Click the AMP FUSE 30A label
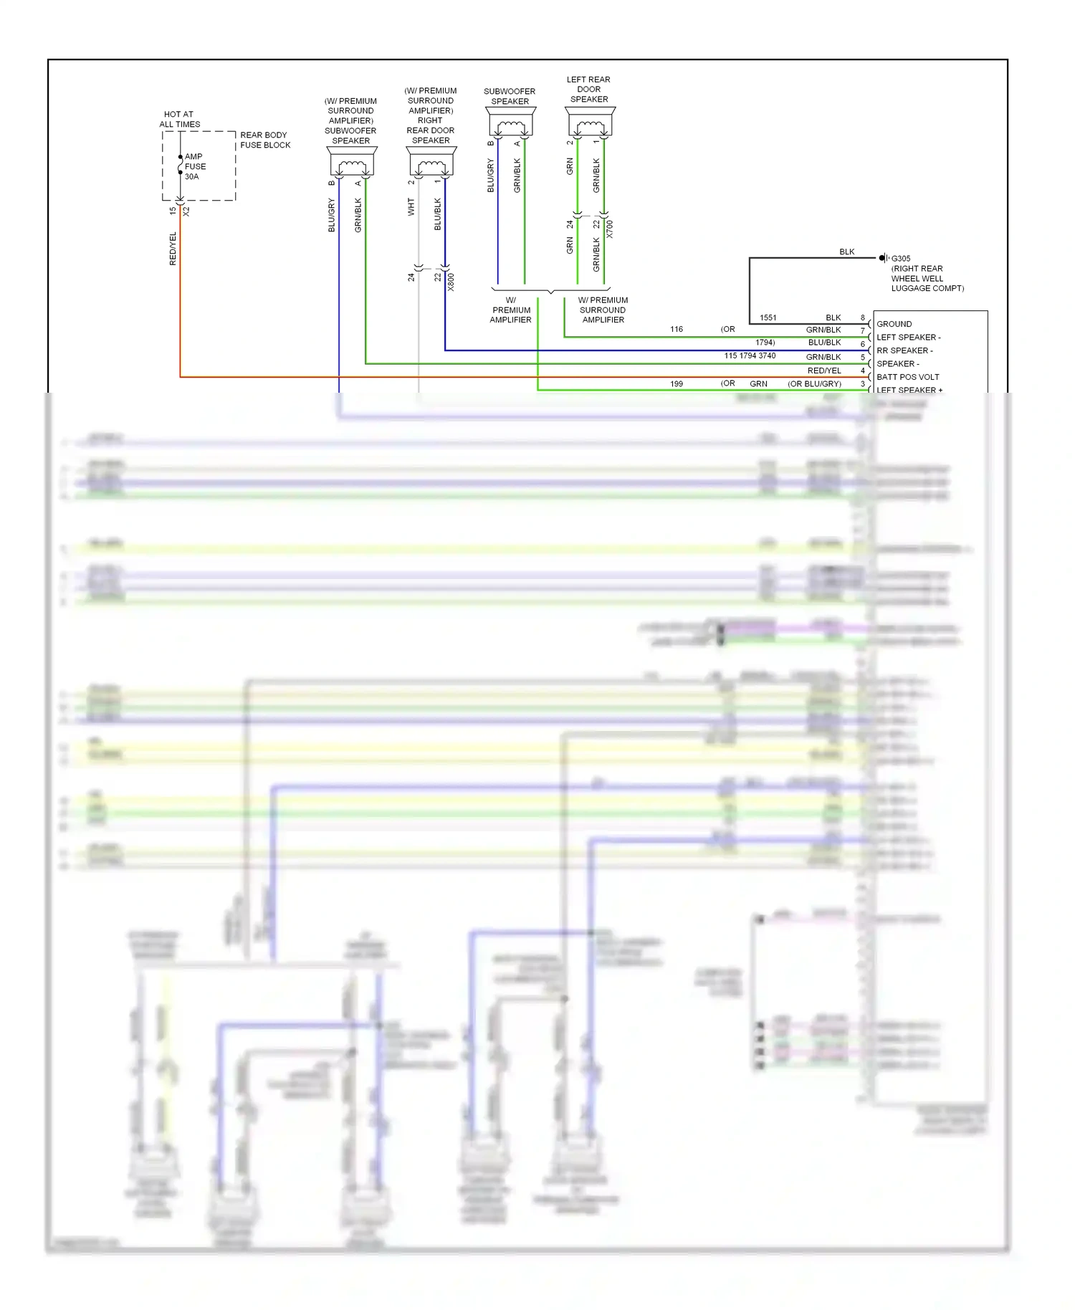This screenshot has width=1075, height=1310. [194, 166]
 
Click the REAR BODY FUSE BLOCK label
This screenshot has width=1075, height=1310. [264, 140]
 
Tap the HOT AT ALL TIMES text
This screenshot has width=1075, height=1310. [179, 119]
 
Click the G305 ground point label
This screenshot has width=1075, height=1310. [901, 259]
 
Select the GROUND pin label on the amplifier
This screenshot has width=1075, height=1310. [894, 324]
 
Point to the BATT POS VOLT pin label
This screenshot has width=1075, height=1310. [907, 377]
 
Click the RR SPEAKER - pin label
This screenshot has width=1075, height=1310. [904, 350]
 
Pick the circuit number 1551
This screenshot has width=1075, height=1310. [768, 317]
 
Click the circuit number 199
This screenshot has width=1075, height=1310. [676, 384]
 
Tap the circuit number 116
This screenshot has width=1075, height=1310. [676, 330]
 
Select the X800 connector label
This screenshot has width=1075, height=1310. [451, 282]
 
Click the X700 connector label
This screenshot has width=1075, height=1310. [609, 229]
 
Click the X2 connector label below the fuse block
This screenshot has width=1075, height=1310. [186, 211]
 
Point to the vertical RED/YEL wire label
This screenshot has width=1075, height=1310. [173, 249]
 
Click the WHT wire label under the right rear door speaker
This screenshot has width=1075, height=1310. [411, 207]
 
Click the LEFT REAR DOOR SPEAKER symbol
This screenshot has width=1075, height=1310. [590, 123]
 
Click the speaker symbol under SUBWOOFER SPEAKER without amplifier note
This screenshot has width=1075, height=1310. [510, 123]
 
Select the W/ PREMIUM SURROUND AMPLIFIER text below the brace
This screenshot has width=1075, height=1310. [603, 310]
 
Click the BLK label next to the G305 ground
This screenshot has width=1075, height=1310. [846, 252]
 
